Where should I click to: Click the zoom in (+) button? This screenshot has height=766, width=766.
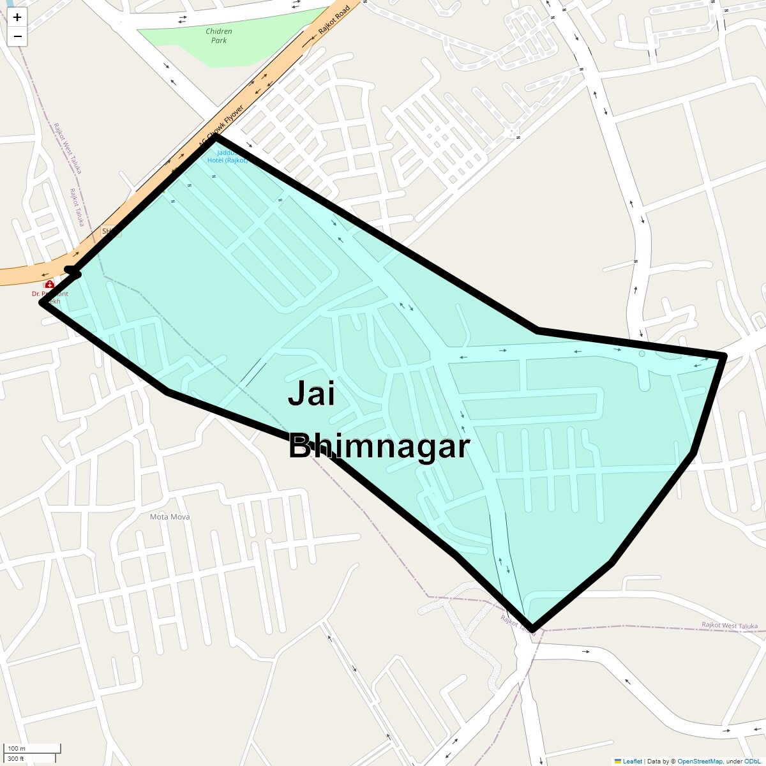click(x=17, y=17)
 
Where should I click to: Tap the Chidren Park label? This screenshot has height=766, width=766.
click(x=219, y=36)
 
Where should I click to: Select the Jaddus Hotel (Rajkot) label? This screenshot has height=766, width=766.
click(x=227, y=157)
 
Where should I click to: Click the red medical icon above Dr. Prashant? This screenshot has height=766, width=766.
click(x=49, y=284)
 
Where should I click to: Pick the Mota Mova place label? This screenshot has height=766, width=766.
click(x=169, y=516)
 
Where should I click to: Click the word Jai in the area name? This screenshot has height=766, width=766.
click(x=312, y=393)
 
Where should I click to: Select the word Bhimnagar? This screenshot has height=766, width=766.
click(x=379, y=446)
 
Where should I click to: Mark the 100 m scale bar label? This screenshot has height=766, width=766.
click(x=17, y=748)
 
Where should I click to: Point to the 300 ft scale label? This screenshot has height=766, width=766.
click(x=16, y=759)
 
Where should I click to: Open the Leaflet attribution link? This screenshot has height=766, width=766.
click(x=632, y=761)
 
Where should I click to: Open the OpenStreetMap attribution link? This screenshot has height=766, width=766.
click(x=700, y=761)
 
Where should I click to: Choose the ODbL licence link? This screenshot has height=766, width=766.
click(x=752, y=761)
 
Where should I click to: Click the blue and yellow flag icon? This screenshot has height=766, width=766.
click(x=617, y=761)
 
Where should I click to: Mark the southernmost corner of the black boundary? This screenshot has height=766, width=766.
click(x=532, y=629)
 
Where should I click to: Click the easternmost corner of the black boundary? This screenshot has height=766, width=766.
click(x=725, y=355)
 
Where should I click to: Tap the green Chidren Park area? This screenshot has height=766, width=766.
click(x=191, y=45)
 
